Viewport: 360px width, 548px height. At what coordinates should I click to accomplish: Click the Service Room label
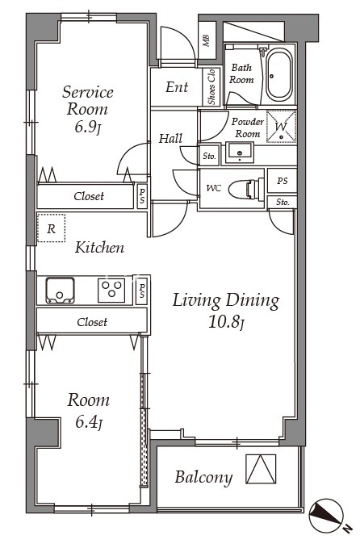pyautogui.click(x=87, y=100)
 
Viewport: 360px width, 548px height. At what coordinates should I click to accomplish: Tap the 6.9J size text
pyautogui.click(x=87, y=128)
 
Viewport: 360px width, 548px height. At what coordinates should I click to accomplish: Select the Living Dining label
pyautogui.click(x=226, y=301)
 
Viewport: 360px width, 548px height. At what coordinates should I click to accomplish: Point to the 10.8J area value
pyautogui.click(x=226, y=322)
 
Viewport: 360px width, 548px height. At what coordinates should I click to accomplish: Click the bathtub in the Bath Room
pyautogui.click(x=279, y=75)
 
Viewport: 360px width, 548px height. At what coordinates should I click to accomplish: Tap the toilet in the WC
pyautogui.click(x=245, y=190)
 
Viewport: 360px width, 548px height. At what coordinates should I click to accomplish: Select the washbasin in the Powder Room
pyautogui.click(x=240, y=153)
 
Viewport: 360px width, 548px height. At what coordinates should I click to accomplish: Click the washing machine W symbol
pyautogui.click(x=281, y=127)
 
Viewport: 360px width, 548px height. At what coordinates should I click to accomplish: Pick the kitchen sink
pyautogui.click(x=60, y=291)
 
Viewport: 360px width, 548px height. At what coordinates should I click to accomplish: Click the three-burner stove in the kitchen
pyautogui.click(x=111, y=290)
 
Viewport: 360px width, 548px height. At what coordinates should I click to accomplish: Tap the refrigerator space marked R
pyautogui.click(x=51, y=228)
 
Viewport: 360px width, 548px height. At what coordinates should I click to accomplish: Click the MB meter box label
pyautogui.click(x=207, y=40)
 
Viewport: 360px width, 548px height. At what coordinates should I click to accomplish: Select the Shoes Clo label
pyautogui.click(x=211, y=86)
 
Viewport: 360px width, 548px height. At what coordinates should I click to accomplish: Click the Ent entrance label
pyautogui.click(x=177, y=87)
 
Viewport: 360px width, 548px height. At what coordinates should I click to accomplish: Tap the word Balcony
pyautogui.click(x=203, y=477)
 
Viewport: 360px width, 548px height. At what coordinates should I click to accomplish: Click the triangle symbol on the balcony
pyautogui.click(x=261, y=469)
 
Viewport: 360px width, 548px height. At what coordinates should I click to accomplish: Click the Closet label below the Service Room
pyautogui.click(x=89, y=196)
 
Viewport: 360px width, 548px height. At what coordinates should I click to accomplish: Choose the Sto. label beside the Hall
pyautogui.click(x=209, y=157)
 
